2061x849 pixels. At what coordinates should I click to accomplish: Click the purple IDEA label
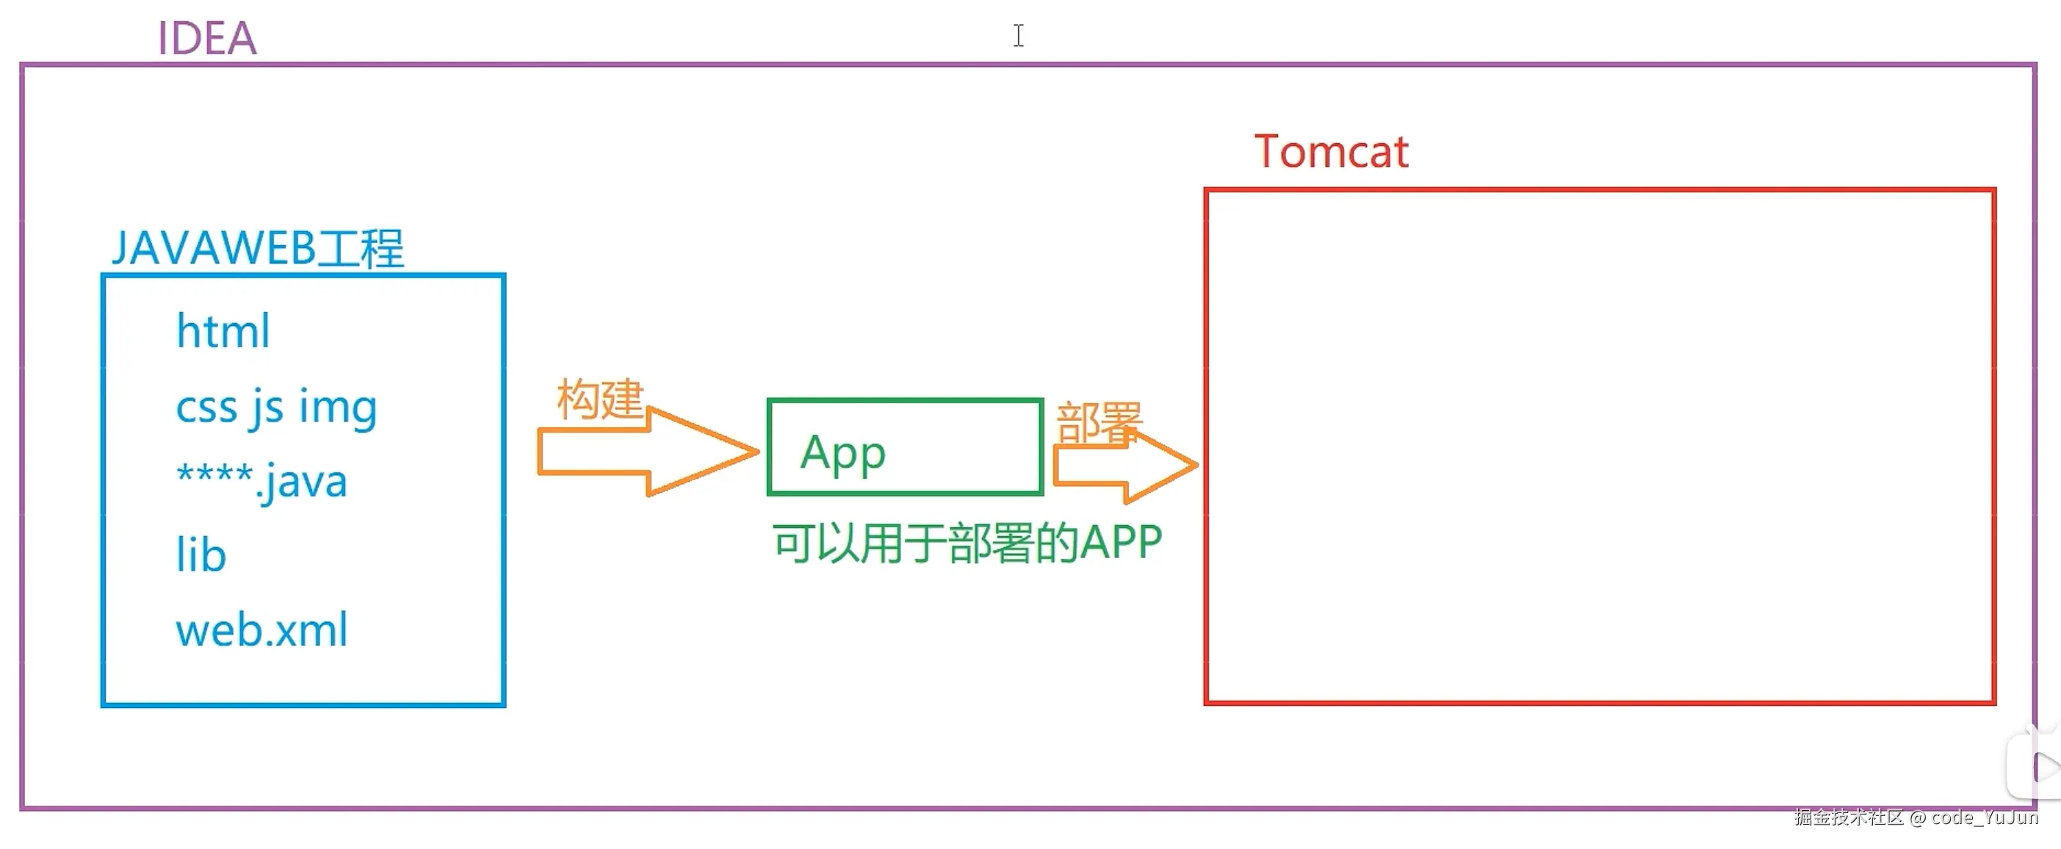(207, 37)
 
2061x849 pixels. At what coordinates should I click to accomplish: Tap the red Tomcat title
(1330, 151)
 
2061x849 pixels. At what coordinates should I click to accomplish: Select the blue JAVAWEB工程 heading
(258, 248)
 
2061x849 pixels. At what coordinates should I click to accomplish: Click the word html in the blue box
(223, 330)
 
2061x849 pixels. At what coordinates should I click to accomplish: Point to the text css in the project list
(206, 408)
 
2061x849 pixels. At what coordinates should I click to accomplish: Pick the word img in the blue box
(338, 408)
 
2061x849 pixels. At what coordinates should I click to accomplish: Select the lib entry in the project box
(201, 554)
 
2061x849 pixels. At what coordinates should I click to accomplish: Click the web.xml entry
(261, 629)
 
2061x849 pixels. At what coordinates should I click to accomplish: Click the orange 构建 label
(600, 400)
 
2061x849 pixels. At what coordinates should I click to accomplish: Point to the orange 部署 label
(1100, 423)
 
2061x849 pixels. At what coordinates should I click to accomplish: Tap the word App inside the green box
(843, 455)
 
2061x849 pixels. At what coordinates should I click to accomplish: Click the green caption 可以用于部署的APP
(967, 543)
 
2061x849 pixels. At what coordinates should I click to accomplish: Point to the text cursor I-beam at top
(1018, 36)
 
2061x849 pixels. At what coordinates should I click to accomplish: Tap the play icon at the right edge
(2044, 767)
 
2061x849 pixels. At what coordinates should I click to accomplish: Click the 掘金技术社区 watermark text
(1848, 817)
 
